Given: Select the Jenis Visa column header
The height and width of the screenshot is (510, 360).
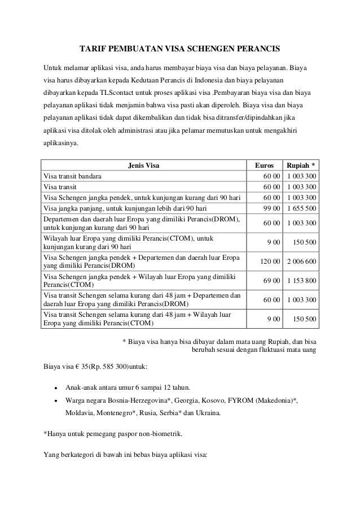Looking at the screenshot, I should [144, 165].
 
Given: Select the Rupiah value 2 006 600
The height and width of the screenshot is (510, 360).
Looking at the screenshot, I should [301, 262].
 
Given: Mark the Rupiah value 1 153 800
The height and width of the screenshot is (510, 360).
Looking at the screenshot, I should [301, 281].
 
